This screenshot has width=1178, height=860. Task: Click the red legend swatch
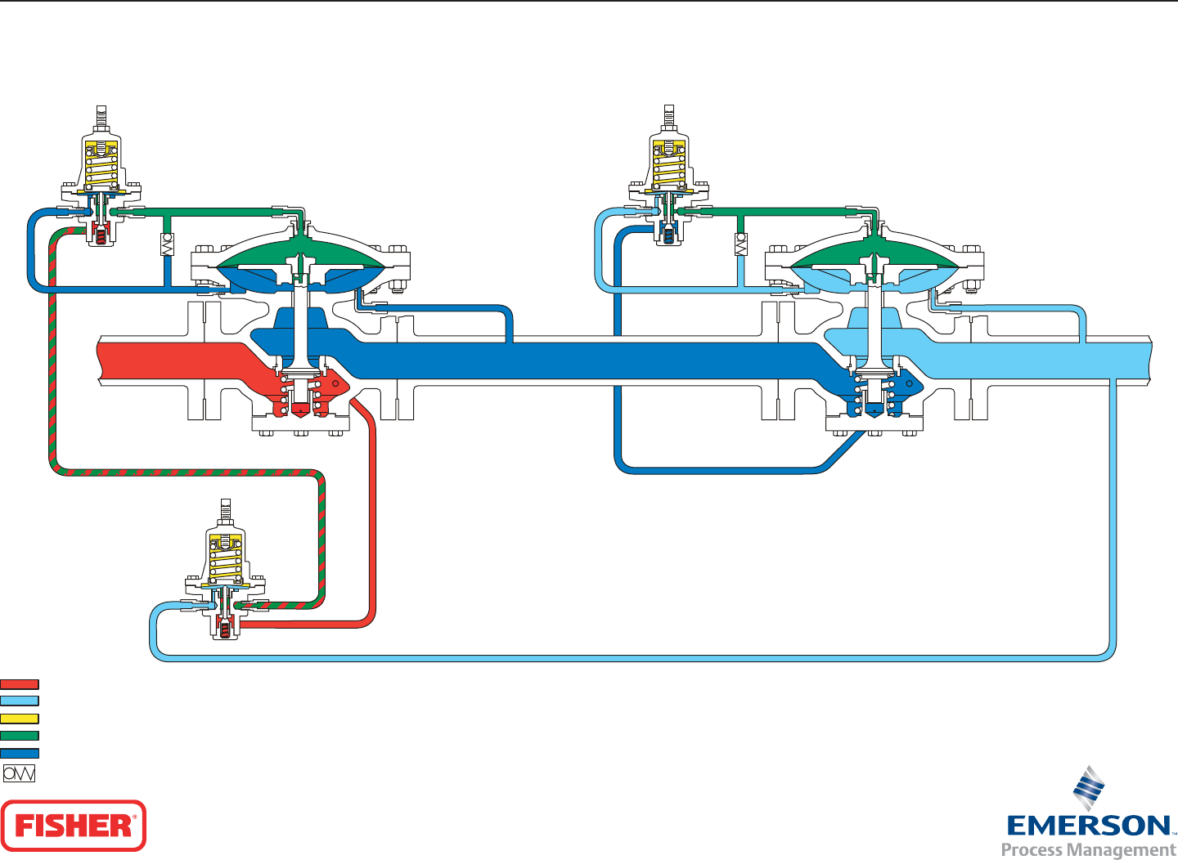click(x=20, y=684)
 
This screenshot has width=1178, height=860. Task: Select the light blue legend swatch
click(x=20, y=701)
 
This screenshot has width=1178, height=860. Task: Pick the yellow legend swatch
click(x=20, y=719)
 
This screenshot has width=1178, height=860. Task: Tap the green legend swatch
click(x=20, y=736)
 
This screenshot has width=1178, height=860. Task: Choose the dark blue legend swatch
click(x=20, y=754)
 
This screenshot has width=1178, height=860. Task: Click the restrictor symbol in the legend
click(x=20, y=773)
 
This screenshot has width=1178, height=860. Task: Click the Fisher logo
click(x=74, y=826)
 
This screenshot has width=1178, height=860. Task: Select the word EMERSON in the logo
click(x=1089, y=826)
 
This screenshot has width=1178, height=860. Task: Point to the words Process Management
click(x=1089, y=850)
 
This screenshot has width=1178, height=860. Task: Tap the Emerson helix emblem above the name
click(x=1089, y=788)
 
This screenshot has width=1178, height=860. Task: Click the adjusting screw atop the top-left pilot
click(x=101, y=117)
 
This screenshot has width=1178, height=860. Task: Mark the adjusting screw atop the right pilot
click(x=669, y=116)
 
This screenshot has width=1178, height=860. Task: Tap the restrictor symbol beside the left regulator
click(x=167, y=244)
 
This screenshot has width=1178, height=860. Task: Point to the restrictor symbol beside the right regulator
click(x=741, y=244)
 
